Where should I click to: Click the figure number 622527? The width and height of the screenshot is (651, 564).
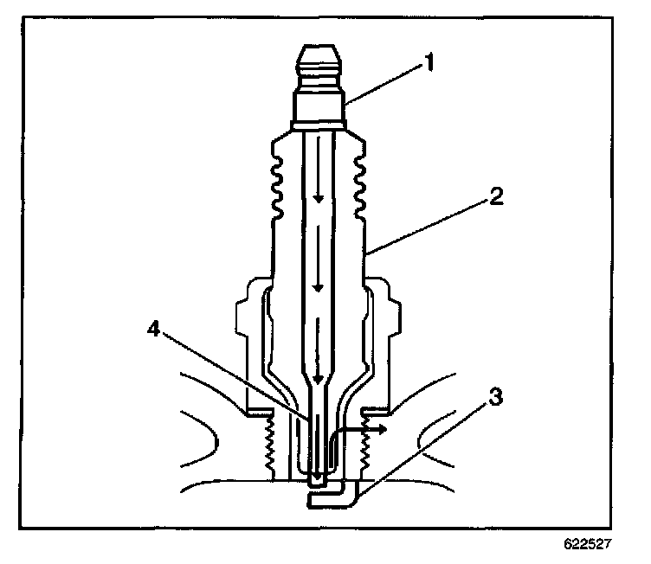pos(589,547)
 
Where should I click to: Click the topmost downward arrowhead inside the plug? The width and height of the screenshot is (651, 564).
pos(319,199)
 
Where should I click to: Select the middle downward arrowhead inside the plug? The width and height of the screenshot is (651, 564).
pos(319,287)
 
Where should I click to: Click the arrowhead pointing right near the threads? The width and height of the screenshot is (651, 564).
pos(382,427)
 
